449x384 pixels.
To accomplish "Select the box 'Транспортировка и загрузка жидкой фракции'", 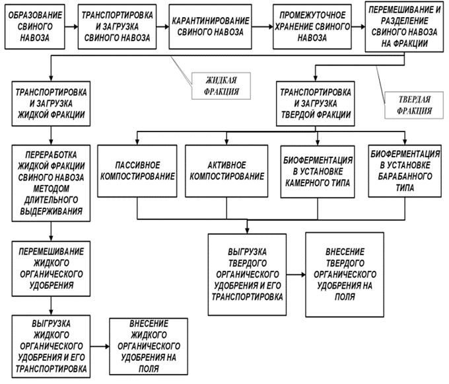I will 52,100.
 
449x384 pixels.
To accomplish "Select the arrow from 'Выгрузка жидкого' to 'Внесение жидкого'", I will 100,346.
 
